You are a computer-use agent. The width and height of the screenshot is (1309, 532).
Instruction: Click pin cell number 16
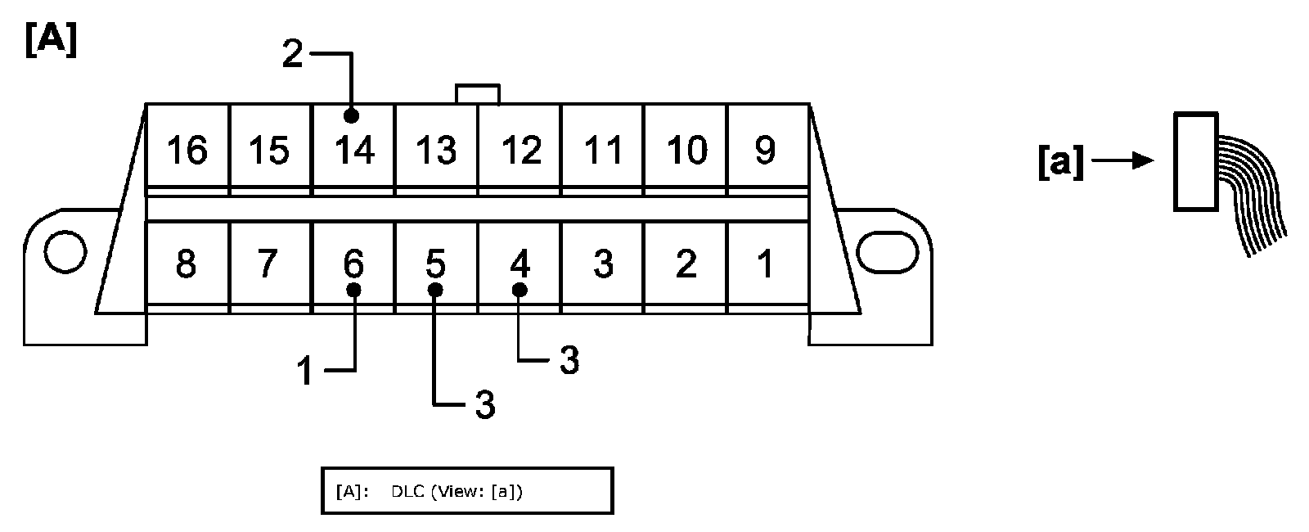(187, 150)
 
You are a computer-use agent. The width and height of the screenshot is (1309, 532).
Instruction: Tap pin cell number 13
(436, 150)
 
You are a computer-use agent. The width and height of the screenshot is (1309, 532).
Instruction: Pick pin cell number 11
(603, 150)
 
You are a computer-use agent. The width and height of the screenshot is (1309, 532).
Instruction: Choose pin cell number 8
(187, 264)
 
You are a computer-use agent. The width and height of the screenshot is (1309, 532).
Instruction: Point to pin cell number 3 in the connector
(603, 264)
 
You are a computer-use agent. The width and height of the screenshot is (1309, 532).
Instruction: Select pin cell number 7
(269, 264)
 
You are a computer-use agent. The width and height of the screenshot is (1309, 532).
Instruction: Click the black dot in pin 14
(352, 115)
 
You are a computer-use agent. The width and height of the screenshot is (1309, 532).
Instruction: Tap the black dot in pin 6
(353, 291)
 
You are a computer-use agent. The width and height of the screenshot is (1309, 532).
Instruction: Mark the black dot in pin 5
(436, 291)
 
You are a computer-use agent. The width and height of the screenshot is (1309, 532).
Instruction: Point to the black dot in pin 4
(519, 290)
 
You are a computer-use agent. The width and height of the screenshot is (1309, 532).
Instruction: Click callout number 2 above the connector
(292, 55)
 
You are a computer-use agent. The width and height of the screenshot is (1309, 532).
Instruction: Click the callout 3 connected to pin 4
(569, 360)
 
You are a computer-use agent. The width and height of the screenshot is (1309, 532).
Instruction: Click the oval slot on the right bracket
(888, 251)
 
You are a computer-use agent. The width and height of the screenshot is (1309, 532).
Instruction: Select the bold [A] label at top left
(51, 41)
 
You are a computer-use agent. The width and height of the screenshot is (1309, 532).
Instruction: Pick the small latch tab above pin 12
(478, 93)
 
